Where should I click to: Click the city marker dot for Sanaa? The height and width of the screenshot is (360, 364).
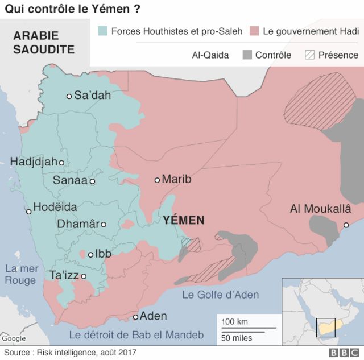click(92, 181)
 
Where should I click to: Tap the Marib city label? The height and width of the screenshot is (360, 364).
click(176, 180)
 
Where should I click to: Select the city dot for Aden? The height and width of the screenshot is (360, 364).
click(136, 317)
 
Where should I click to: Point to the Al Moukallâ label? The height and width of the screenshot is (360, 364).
click(320, 209)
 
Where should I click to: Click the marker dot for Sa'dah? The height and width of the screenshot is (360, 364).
click(69, 96)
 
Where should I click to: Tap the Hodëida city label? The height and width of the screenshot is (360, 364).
click(55, 208)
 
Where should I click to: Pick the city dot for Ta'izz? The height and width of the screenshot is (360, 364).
click(84, 276)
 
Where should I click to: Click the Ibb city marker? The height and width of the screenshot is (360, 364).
click(90, 254)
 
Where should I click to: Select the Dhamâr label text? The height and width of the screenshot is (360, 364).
click(78, 224)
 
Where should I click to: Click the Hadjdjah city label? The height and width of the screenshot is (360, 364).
click(34, 162)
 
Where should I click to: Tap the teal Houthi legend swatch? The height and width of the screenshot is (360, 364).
click(103, 31)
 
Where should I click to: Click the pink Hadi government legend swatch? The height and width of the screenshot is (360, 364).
click(254, 31)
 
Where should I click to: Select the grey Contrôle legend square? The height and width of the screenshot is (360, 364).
click(247, 55)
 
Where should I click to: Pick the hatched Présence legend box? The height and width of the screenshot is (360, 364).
click(310, 55)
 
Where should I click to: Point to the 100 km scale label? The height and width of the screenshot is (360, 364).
click(235, 322)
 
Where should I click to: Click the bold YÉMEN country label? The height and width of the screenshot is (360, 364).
click(183, 220)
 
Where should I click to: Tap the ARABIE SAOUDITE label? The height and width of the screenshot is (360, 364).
click(44, 42)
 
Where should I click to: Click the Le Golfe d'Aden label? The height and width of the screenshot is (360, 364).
click(220, 295)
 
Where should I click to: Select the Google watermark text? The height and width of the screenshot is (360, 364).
click(14, 339)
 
